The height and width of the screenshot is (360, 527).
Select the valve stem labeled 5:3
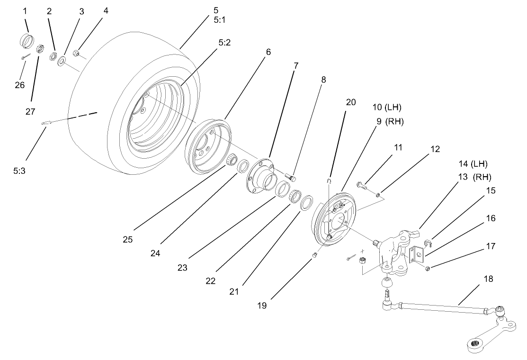46,124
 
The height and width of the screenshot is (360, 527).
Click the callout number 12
435,150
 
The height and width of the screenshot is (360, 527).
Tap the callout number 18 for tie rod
488,279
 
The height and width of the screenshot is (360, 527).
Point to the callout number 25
127,240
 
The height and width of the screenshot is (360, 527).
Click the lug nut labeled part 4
76,53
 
